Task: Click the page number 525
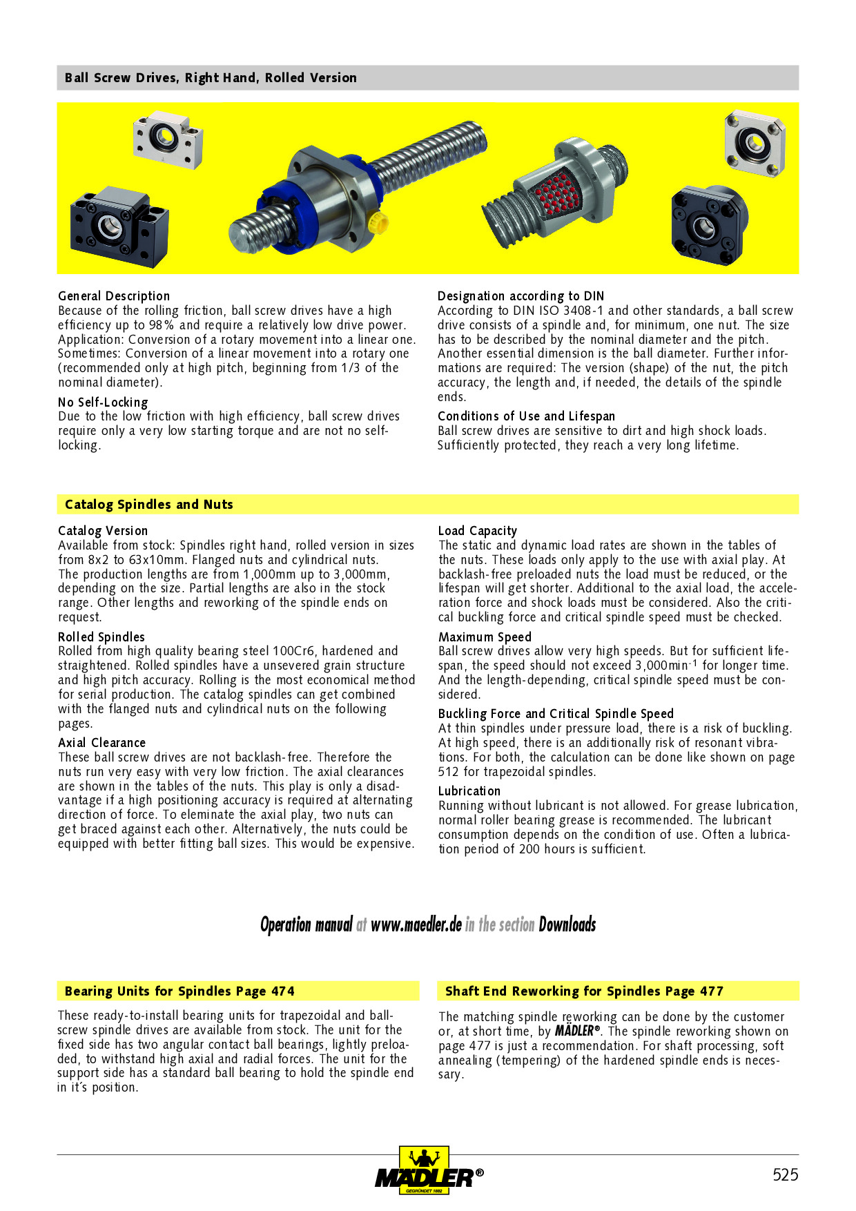click(x=785, y=1174)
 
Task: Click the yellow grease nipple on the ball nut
click(x=378, y=222)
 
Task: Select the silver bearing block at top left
click(x=168, y=138)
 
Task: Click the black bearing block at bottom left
click(x=119, y=227)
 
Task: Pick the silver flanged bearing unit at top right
click(x=755, y=144)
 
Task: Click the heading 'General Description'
click(x=114, y=296)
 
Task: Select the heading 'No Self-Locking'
click(x=103, y=403)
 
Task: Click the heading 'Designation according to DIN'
click(x=521, y=296)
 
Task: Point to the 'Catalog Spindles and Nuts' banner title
click(x=149, y=505)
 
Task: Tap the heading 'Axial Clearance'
click(x=102, y=743)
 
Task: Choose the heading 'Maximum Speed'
click(x=485, y=637)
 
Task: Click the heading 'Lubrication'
click(x=469, y=791)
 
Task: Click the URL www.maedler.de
click(x=416, y=925)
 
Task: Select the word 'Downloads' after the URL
click(x=567, y=925)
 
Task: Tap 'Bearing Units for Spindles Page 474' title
click(x=179, y=991)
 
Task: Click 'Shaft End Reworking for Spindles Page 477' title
click(x=584, y=991)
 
